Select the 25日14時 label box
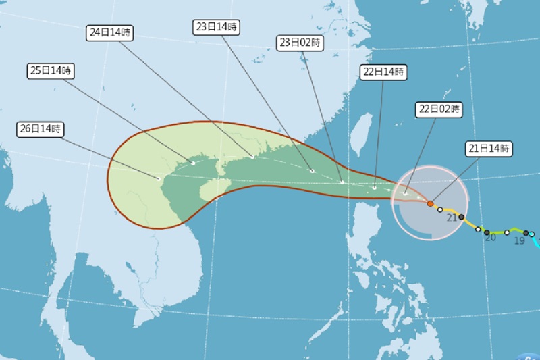coord(51,70)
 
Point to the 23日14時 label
coord(215,26)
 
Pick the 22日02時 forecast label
coord(439,108)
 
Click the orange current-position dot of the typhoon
coord(431,203)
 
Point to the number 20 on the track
coord(491,238)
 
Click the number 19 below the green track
coord(520,240)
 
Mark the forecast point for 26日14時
coord(159,178)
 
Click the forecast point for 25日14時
coord(193,163)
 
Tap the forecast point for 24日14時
coord(252,157)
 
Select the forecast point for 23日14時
coord(313,171)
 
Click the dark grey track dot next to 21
coord(462,217)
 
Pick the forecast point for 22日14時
coord(375,188)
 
